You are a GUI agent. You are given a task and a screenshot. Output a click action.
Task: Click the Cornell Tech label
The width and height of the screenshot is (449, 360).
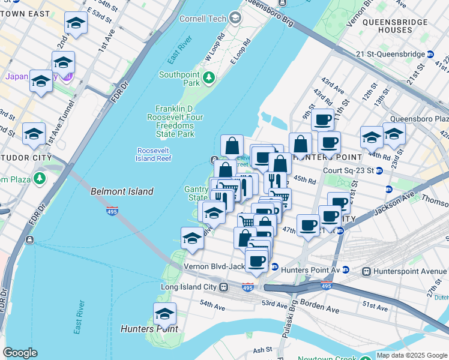tap(203, 19)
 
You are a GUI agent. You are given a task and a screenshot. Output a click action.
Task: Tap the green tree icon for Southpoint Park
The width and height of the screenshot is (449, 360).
tap(209, 77)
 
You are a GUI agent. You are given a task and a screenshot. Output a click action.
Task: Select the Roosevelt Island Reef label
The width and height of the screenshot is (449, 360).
tap(154, 154)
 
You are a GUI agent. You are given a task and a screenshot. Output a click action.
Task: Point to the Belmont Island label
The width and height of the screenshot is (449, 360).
tap(122, 191)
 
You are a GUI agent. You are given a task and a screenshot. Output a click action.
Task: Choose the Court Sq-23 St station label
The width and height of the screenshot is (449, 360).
tap(348, 170)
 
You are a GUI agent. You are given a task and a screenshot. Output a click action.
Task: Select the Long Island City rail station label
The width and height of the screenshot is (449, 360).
tap(188, 287)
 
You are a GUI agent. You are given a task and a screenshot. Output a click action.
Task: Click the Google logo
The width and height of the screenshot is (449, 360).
tap(20, 353)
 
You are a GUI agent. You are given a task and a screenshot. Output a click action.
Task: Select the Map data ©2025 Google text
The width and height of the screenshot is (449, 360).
tap(412, 355)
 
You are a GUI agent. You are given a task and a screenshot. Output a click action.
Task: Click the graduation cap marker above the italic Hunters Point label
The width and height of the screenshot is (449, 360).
tap(164, 314)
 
